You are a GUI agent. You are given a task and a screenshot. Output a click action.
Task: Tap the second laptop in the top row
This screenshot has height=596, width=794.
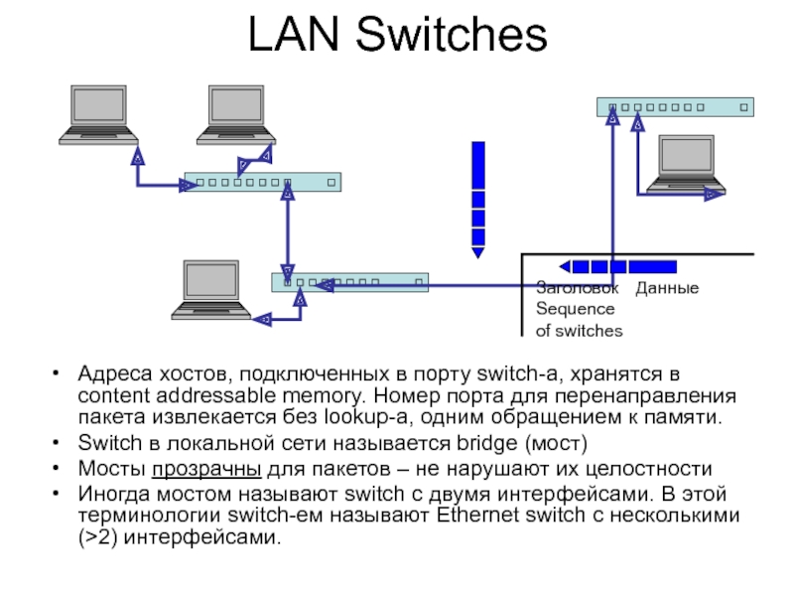[236, 115]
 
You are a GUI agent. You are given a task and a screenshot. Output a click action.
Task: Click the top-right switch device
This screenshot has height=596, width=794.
[675, 106]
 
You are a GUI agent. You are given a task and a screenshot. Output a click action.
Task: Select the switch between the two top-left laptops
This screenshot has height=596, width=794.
[263, 183]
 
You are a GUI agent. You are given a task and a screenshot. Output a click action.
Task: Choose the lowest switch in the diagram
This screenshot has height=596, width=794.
[350, 282]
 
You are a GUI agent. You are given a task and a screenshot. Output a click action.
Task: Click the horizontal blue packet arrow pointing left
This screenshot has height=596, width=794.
[617, 266]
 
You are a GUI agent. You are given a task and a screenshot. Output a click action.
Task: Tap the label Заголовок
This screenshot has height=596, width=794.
[577, 288]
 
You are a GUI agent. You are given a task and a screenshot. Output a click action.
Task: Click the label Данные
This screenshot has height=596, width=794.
[667, 288]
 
